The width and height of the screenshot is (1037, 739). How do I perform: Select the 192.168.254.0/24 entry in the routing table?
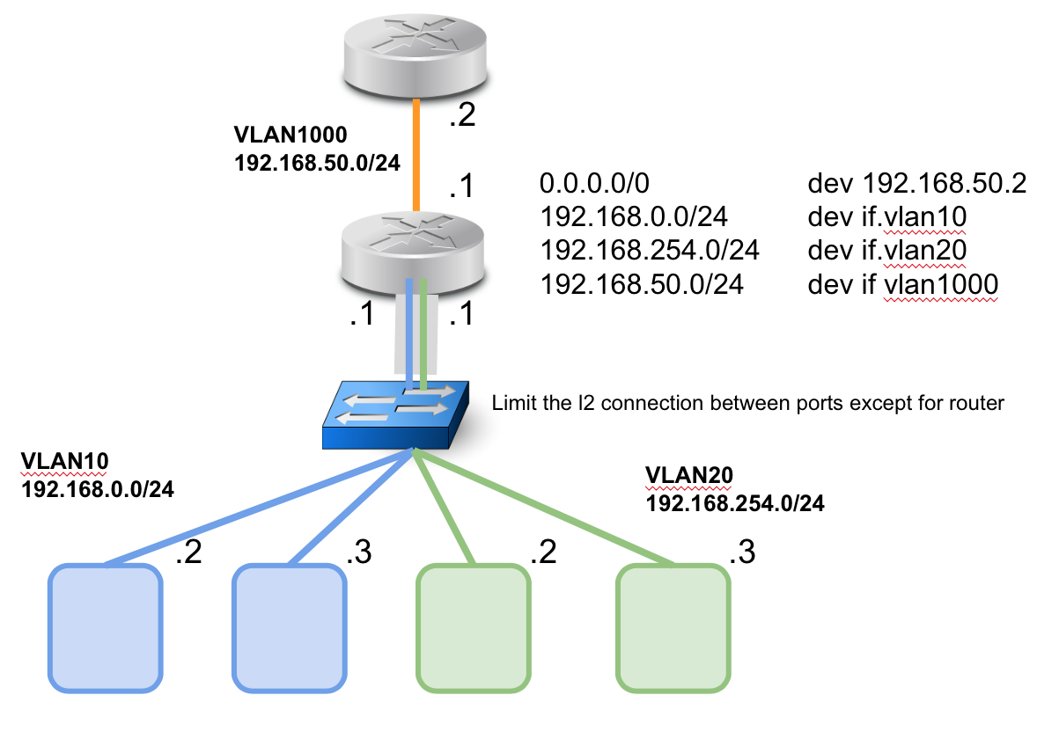pos(650,251)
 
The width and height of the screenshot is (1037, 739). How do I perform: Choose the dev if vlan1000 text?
pos(901,284)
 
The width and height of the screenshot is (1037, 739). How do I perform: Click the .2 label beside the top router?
pos(461,115)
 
